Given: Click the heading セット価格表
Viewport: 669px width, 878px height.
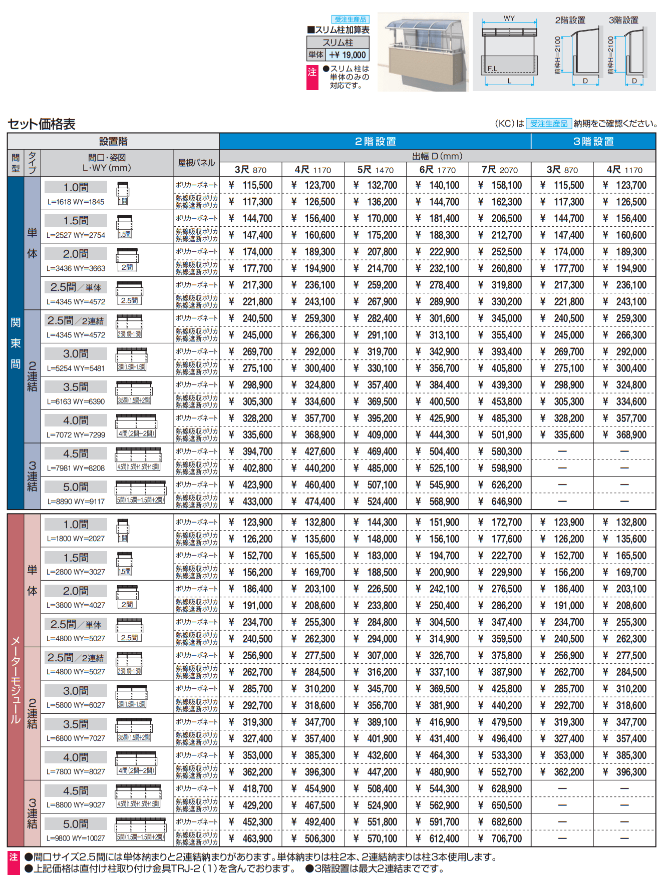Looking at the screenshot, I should coord(42,124).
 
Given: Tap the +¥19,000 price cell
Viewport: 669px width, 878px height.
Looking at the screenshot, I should coord(348,55).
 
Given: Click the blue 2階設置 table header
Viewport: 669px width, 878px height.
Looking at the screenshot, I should coord(375,142).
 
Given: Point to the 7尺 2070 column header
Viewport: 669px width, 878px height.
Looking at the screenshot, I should coord(499,170).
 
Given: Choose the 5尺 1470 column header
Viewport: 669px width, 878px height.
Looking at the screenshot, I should coord(375,170).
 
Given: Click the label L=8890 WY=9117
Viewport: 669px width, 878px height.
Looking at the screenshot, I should coord(76,501).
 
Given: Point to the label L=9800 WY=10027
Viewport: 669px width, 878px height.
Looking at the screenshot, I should coord(76,838).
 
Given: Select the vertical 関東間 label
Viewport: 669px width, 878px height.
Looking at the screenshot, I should coord(16,343).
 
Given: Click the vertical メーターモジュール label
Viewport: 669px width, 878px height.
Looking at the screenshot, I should coord(16,680).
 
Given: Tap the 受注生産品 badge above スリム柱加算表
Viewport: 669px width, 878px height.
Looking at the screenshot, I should coord(351,20).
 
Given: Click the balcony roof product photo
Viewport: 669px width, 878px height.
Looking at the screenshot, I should coord(423,52).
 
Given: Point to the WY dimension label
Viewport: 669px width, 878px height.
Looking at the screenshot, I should coord(509,19).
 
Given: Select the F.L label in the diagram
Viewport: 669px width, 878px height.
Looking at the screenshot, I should coord(493,69).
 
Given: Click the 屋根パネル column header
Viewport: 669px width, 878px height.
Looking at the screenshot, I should coord(196,163).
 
